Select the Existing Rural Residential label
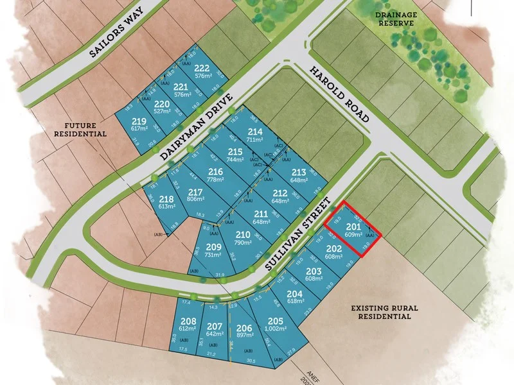pos(384,312)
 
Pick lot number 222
pos(202,70)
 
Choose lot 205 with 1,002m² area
pos(276,321)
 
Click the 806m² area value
pos(195,200)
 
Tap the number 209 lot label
pos(213,247)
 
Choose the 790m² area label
pos(243,242)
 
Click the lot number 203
pos(314,272)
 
